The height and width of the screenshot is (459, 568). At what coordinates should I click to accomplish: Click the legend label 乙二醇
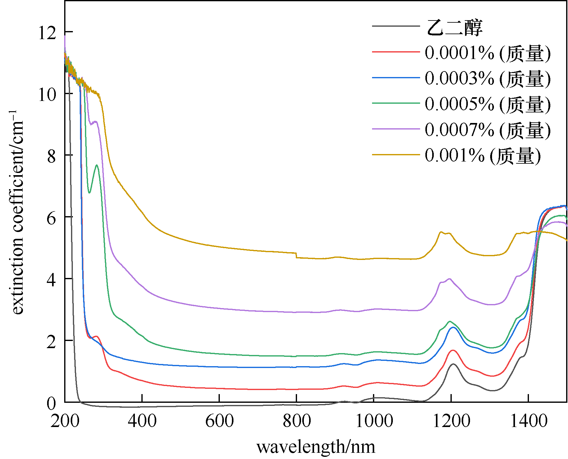pyautogui.click(x=454, y=27)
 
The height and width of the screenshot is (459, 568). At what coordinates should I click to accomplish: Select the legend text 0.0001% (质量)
pyautogui.click(x=487, y=53)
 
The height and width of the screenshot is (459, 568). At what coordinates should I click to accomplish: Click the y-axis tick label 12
pyautogui.click(x=47, y=33)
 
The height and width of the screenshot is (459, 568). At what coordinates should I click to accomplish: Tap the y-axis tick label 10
pyautogui.click(x=47, y=94)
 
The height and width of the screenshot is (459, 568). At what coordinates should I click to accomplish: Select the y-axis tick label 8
pyautogui.click(x=51, y=156)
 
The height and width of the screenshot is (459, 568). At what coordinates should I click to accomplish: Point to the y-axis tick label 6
pyautogui.click(x=51, y=218)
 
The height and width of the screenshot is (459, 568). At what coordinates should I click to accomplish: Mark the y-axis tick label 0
pyautogui.click(x=51, y=403)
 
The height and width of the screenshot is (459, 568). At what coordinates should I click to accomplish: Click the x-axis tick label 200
pyautogui.click(x=65, y=421)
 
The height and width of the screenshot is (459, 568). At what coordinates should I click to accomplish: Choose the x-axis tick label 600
pyautogui.click(x=219, y=421)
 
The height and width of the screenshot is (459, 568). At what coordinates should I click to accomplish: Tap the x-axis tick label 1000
pyautogui.click(x=374, y=421)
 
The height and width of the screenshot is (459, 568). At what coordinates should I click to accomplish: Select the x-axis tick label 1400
pyautogui.click(x=529, y=421)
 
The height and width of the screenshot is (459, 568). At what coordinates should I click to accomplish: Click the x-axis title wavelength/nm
pyautogui.click(x=316, y=447)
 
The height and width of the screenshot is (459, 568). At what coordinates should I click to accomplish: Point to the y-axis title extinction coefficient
pyautogui.click(x=18, y=213)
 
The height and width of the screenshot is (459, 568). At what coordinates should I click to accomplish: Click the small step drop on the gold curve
pyautogui.click(x=296, y=255)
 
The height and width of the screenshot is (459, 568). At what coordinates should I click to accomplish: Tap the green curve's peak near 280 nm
pyautogui.click(x=97, y=165)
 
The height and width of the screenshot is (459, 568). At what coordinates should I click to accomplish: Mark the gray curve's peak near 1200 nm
pyautogui.click(x=453, y=364)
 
